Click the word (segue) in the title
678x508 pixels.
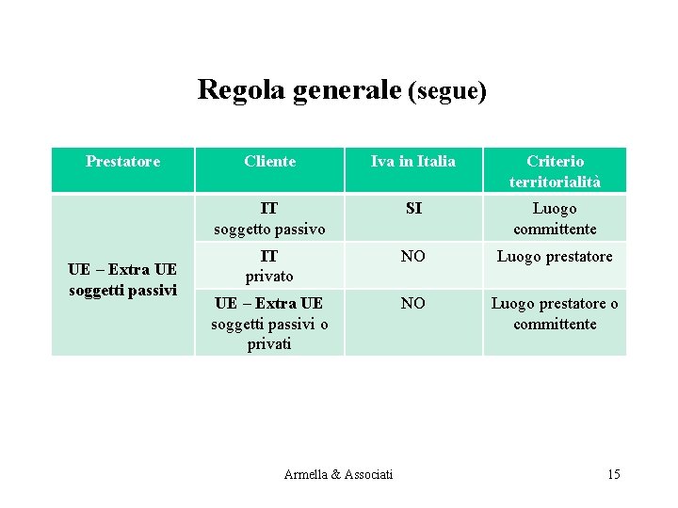coord(447,91)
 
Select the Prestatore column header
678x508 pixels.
coord(122,162)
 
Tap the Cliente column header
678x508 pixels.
coord(269,162)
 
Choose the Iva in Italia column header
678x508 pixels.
coord(413,162)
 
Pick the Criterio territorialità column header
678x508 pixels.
coord(555,171)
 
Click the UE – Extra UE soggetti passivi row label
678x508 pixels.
coord(122,280)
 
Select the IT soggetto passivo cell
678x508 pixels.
coord(269,218)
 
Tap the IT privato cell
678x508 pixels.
coord(269,266)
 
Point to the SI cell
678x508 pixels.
coord(413,209)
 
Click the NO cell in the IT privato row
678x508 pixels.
coord(413,256)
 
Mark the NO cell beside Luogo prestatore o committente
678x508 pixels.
coord(413,303)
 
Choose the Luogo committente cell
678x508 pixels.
coord(555,218)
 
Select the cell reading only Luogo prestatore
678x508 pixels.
coord(555,256)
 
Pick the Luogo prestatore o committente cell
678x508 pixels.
coord(555,313)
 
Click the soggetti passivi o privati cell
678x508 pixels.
coord(269,324)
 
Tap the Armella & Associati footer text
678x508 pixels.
coord(338,474)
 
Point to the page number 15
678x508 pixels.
coord(614,474)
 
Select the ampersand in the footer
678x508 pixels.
coord(337,474)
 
